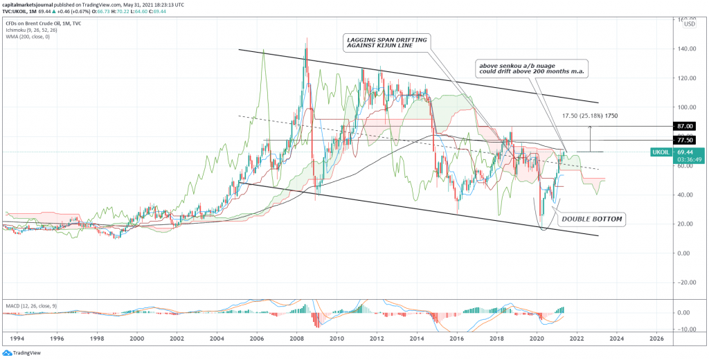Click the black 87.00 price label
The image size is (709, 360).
pyautogui.click(x=688, y=127)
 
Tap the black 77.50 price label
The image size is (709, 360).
pyautogui.click(x=688, y=140)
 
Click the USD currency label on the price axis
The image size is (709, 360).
pyautogui.click(x=689, y=25)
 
